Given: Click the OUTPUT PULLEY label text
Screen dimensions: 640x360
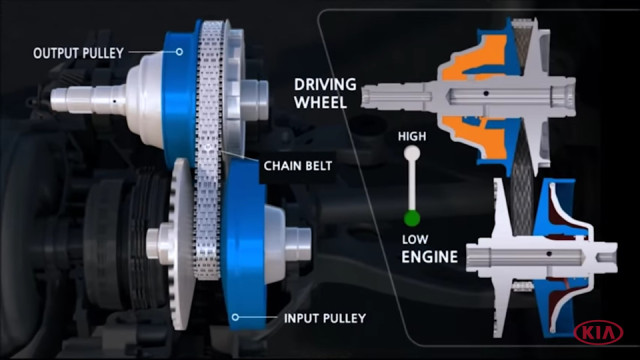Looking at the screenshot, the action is (78, 53).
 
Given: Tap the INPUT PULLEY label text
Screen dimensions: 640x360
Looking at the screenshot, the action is (325, 318).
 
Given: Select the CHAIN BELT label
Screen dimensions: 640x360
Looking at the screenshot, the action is (298, 166).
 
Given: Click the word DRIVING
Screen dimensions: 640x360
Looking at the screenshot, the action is (325, 84).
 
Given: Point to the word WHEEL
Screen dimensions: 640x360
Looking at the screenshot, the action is (320, 102).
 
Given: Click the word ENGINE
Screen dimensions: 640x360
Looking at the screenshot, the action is (429, 257).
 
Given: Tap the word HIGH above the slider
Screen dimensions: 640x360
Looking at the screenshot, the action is (412, 136).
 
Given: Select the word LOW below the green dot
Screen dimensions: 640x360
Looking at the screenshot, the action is (415, 239).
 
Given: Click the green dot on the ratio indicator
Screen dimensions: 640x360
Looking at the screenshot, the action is (412, 218).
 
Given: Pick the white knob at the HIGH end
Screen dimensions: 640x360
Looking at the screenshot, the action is (412, 153).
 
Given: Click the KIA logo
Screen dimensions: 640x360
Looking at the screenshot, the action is (598, 332).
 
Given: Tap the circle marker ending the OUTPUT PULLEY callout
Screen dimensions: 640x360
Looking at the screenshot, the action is (179, 52).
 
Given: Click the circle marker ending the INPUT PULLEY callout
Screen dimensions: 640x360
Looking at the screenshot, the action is (235, 317).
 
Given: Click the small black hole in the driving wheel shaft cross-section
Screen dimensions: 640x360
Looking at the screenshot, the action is (486, 93).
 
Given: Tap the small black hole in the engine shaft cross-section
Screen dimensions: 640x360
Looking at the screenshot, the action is (549, 254).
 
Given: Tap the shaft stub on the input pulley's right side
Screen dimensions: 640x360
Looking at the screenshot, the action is (299, 244).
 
